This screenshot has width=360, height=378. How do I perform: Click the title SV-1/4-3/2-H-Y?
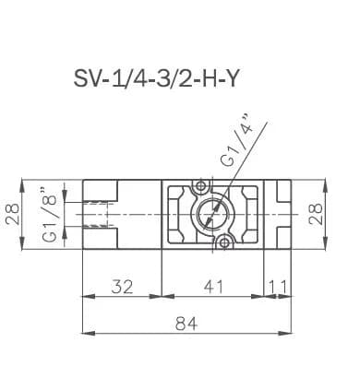pos(156,78)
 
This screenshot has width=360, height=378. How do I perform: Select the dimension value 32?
pos(122,287)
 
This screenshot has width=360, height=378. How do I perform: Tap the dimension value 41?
pos(213,287)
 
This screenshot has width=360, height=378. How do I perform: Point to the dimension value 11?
pos(279,287)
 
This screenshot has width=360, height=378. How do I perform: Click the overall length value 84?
pos(186,324)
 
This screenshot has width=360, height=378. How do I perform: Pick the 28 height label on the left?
pos(14,214)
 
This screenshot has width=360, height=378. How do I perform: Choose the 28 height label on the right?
pos(316,214)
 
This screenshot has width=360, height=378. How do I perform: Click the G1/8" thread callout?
pos(49,214)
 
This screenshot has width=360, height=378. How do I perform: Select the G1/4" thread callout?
pos(238,141)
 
